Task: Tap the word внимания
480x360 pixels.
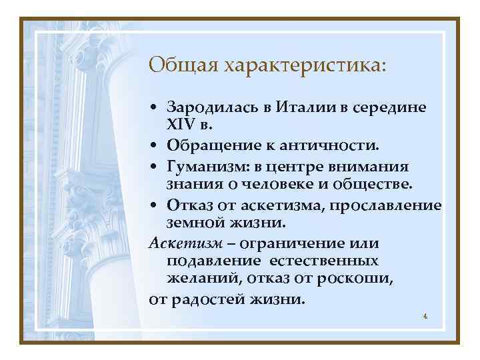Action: (x=375, y=164)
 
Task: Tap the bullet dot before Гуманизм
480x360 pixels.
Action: (x=154, y=164)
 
